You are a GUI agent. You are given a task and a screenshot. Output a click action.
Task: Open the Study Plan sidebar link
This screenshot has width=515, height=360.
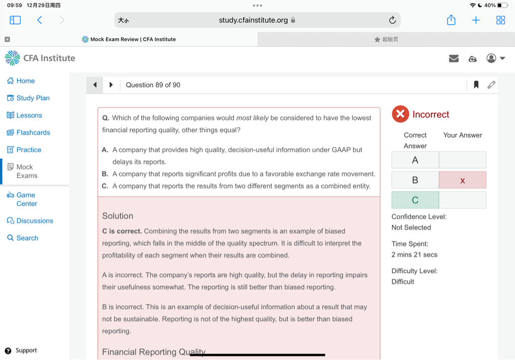click(x=33, y=98)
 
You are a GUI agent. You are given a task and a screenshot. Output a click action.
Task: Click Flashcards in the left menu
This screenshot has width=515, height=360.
click(x=33, y=133)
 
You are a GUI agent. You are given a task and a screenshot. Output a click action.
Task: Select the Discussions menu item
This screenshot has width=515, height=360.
click(x=34, y=221)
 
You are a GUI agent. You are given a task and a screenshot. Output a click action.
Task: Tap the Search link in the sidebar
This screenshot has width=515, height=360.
click(x=27, y=238)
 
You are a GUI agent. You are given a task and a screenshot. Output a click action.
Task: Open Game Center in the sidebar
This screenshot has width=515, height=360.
click(x=26, y=199)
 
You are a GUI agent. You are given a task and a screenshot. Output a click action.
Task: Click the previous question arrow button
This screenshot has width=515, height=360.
click(x=95, y=85)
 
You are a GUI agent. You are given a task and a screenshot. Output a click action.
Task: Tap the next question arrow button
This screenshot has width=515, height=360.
click(x=111, y=85)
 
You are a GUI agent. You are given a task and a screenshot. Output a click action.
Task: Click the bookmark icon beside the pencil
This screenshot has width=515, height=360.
click(x=476, y=85)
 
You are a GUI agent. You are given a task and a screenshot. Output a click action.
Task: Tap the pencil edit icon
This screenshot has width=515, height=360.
click(x=491, y=85)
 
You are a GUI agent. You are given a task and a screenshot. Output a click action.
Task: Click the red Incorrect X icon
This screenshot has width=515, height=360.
click(x=400, y=114)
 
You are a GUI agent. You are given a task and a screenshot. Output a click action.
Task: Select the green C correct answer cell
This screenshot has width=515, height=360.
click(x=415, y=200)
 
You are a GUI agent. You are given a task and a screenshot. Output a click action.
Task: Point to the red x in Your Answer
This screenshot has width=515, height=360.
click(x=463, y=180)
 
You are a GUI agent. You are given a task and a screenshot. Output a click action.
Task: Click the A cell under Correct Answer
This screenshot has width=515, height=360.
click(x=415, y=160)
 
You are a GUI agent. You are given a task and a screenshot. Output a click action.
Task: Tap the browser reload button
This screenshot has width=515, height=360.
click(x=392, y=20)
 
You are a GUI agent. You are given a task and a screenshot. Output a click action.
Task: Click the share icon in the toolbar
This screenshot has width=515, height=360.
click(x=451, y=20)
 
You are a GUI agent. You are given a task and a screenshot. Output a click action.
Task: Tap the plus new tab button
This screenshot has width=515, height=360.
click(x=476, y=20)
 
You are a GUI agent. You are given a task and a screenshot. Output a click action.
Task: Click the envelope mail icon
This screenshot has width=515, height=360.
click(x=454, y=59)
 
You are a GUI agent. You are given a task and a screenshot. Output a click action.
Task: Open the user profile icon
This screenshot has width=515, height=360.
click(x=491, y=58)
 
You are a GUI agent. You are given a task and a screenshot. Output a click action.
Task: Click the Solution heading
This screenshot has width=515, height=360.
click(x=118, y=216)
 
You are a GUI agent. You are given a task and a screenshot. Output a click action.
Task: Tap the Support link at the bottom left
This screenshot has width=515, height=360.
click(x=26, y=350)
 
